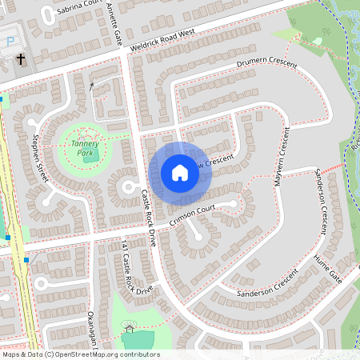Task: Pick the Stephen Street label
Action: (38, 159)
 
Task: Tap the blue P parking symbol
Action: (10, 41)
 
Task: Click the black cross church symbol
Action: (20, 59)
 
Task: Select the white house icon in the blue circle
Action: (180, 172)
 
